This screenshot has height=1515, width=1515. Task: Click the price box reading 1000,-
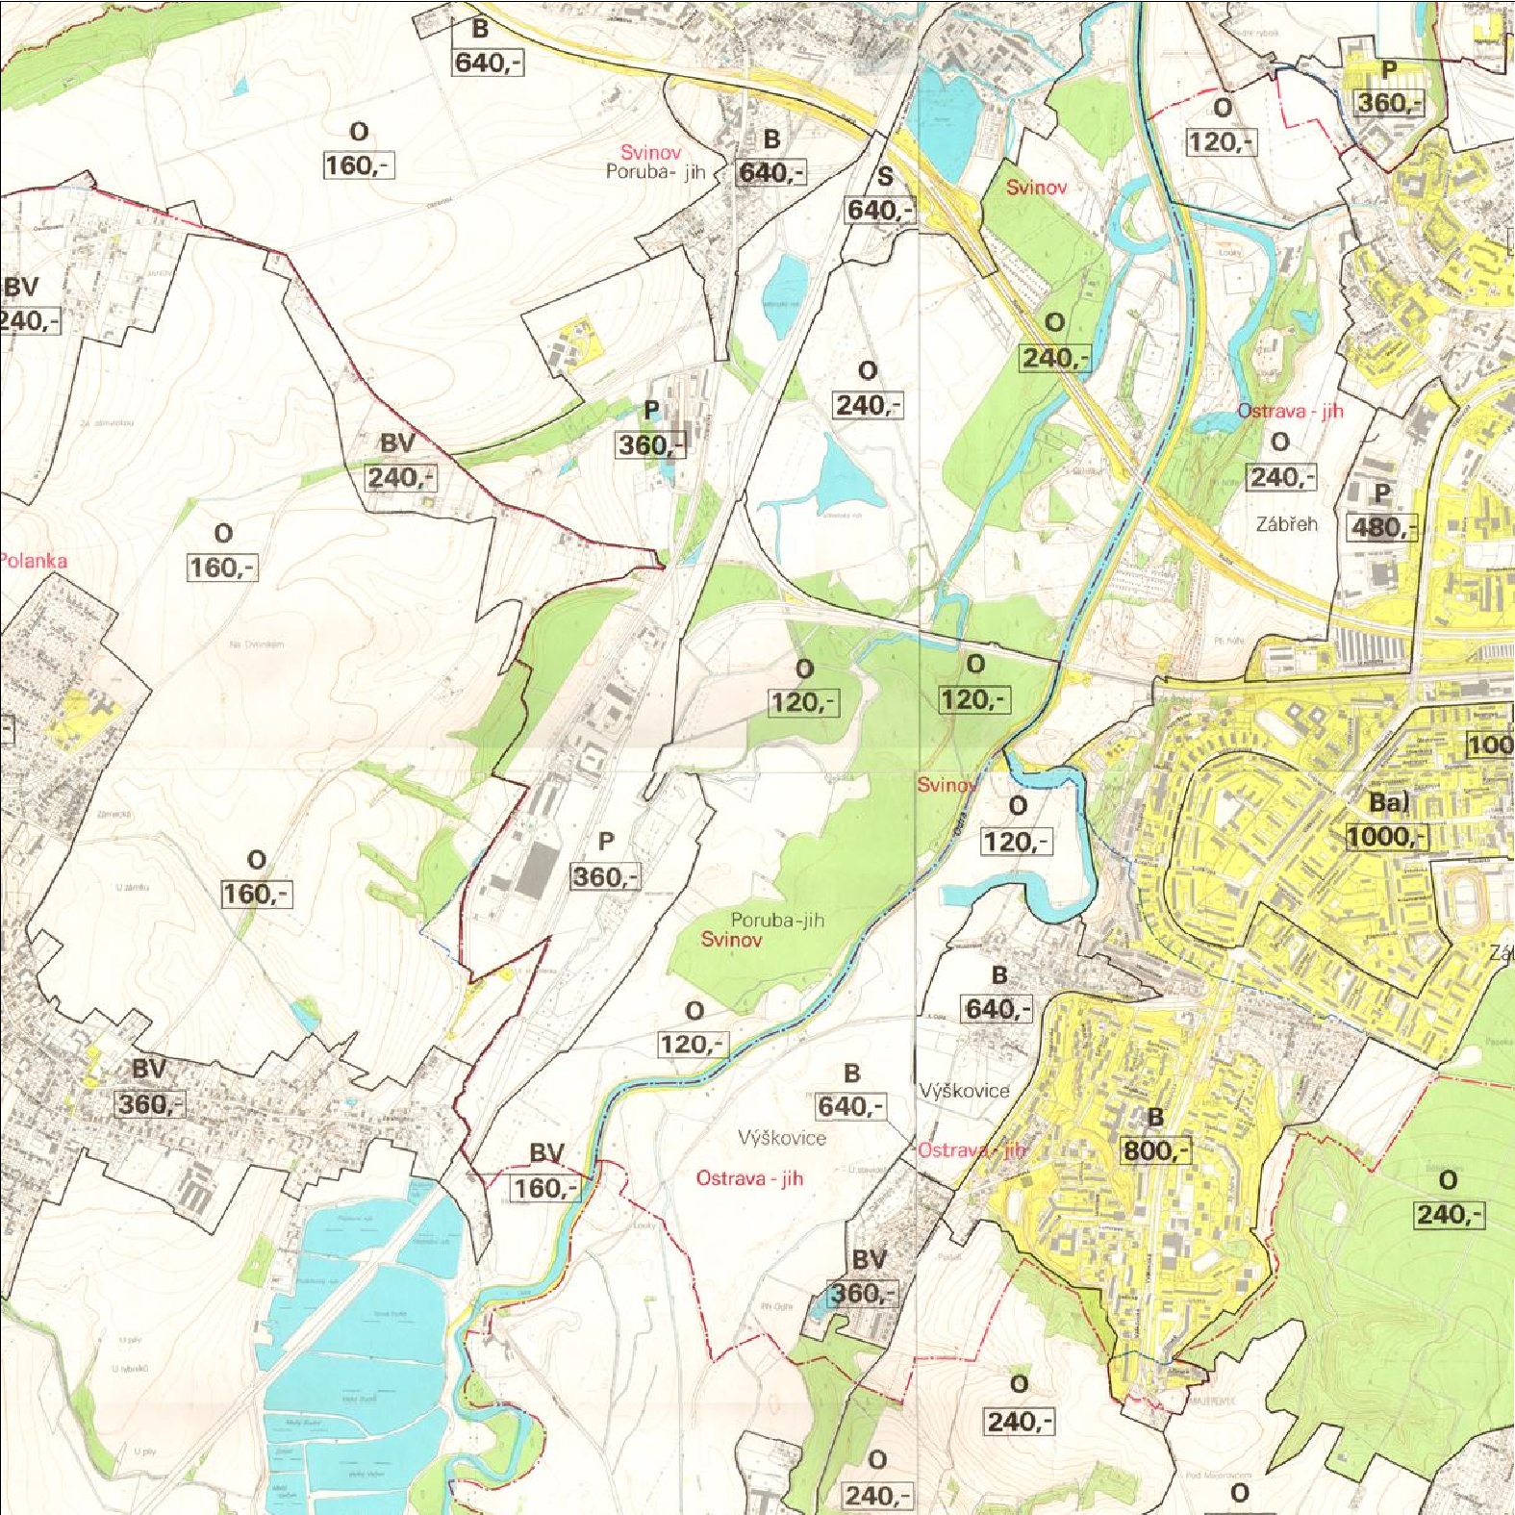click(1386, 837)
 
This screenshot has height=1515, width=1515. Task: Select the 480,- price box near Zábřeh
click(1382, 527)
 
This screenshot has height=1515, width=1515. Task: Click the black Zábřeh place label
click(1286, 524)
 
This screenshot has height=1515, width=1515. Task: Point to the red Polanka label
click(33, 561)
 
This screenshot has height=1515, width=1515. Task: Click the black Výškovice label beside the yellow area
click(964, 1090)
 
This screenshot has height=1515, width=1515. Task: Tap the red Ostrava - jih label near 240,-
click(1290, 411)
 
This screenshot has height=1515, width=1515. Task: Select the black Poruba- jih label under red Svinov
click(655, 171)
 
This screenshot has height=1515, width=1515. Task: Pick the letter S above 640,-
click(884, 176)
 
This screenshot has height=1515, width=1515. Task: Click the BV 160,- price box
click(545, 1188)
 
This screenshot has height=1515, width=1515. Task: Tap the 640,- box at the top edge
click(488, 63)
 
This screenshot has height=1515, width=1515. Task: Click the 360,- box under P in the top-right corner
click(1388, 103)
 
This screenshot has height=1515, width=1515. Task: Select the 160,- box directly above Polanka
click(222, 568)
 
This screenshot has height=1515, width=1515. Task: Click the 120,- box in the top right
click(1221, 142)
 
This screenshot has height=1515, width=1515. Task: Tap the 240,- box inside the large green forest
click(1449, 1215)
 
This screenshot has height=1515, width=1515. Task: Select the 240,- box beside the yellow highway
click(1054, 358)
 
